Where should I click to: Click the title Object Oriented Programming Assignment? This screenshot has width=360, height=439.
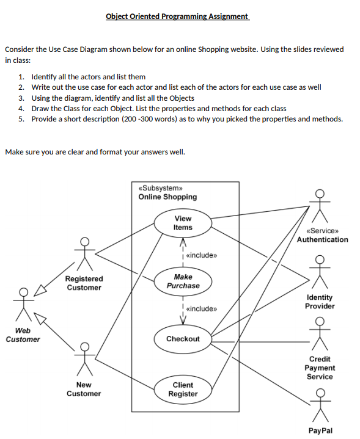[x=177, y=16]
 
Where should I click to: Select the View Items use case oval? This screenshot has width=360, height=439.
[x=183, y=223]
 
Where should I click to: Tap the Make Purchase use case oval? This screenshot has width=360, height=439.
[x=183, y=281]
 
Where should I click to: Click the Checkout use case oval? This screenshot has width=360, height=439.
[x=183, y=339]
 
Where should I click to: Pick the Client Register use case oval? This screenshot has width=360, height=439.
[x=183, y=390]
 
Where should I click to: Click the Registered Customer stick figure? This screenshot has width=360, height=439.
[x=85, y=252]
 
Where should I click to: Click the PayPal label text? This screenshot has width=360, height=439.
[x=320, y=430]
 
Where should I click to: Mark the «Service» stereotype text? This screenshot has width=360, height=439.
[x=322, y=231]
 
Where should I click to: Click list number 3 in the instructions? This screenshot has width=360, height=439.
[x=21, y=98]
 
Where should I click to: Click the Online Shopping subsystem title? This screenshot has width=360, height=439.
[x=167, y=197]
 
